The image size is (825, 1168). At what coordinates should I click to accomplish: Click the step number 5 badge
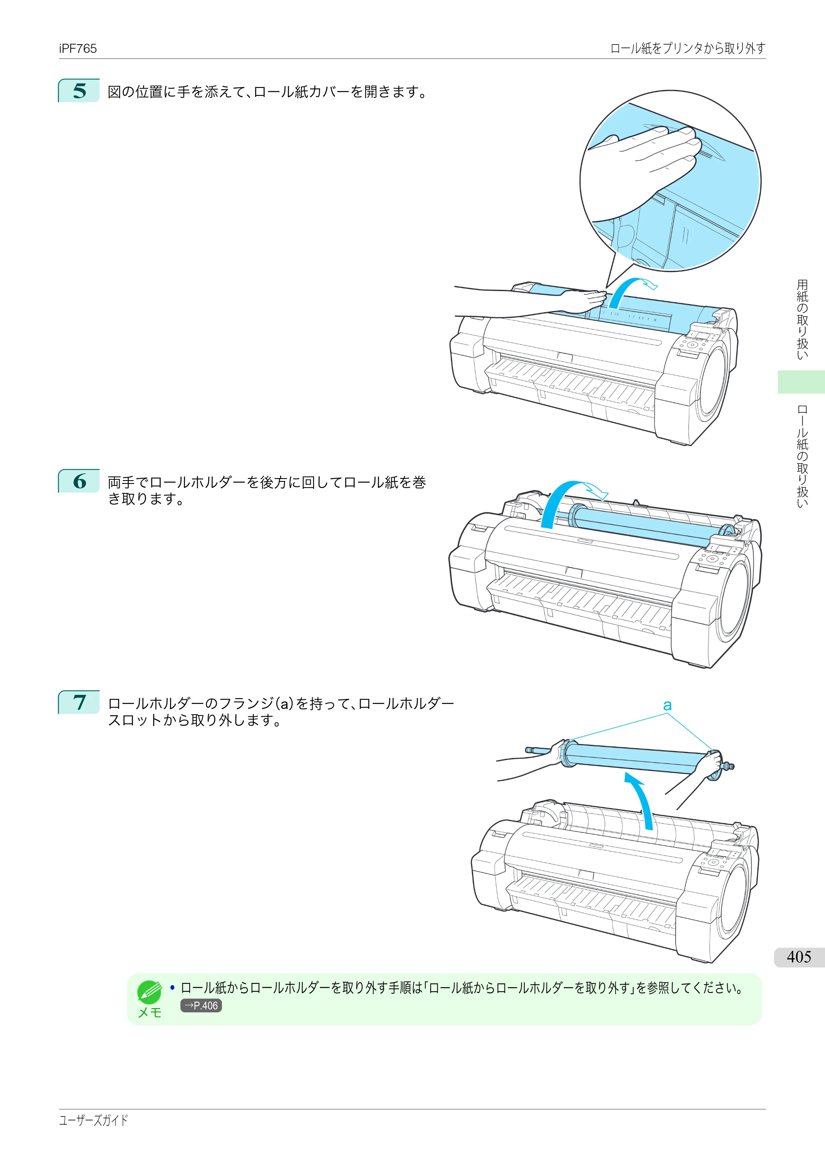[x=79, y=90]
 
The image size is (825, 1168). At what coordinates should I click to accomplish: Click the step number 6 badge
[x=79, y=481]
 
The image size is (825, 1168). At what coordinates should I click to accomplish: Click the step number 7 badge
[x=79, y=702]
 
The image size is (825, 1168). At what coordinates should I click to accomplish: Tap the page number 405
[x=799, y=957]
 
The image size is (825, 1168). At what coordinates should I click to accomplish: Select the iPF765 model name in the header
[x=78, y=48]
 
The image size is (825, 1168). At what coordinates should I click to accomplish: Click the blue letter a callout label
[x=667, y=705]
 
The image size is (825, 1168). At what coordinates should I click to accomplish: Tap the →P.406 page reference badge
[x=201, y=1006]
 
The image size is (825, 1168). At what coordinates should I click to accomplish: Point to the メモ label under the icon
[x=149, y=1012]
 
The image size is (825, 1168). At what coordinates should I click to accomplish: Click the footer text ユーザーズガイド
[x=94, y=1120]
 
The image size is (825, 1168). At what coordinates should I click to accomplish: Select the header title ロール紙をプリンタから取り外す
[x=687, y=48]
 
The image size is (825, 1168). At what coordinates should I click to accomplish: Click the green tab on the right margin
[x=801, y=381]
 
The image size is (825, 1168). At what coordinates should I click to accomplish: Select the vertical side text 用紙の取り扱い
[x=802, y=319]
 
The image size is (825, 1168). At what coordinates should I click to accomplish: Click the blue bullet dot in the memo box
[x=172, y=988]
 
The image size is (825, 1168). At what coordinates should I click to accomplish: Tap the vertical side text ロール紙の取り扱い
[x=802, y=456]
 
